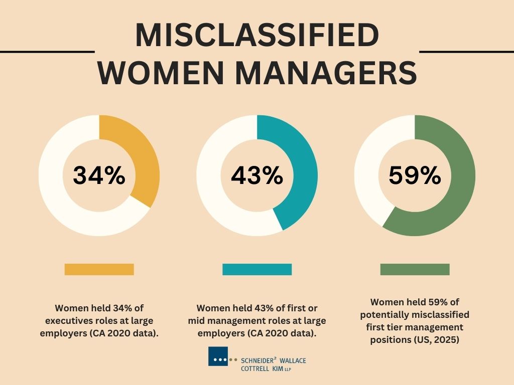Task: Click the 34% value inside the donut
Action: (x=99, y=175)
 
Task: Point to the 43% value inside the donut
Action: (x=256, y=175)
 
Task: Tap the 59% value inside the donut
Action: (x=415, y=175)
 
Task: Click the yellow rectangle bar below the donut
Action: (x=99, y=269)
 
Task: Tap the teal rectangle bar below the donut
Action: (x=256, y=269)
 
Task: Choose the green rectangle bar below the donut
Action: (x=415, y=269)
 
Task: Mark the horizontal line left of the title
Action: (x=47, y=51)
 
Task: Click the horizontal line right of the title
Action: (x=466, y=51)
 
